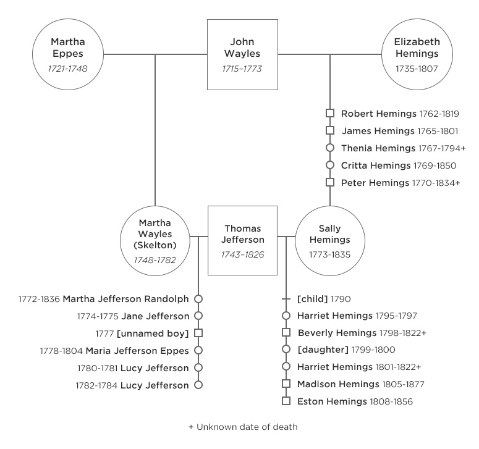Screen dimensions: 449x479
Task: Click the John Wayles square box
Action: click(242, 54)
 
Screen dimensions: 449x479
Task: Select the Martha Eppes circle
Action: click(68, 54)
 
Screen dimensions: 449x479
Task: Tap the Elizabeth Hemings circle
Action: click(417, 54)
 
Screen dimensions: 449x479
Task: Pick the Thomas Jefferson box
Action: click(242, 240)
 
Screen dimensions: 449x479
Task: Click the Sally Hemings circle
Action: click(330, 240)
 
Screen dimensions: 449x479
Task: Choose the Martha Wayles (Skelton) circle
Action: click(155, 240)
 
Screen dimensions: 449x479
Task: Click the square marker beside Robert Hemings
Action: click(330, 114)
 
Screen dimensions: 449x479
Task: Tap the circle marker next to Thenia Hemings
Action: click(330, 148)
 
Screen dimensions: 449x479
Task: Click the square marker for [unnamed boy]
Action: click(198, 334)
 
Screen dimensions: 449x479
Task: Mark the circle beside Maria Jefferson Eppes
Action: click(198, 351)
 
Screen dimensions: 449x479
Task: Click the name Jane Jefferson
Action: click(155, 316)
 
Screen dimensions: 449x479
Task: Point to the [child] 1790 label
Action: click(324, 299)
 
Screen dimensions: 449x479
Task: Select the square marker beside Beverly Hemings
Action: click(286, 333)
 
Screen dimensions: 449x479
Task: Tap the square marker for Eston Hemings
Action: click(286, 401)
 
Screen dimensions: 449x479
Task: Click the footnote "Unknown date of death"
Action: click(247, 427)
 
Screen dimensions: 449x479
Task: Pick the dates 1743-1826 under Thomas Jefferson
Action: click(242, 254)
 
